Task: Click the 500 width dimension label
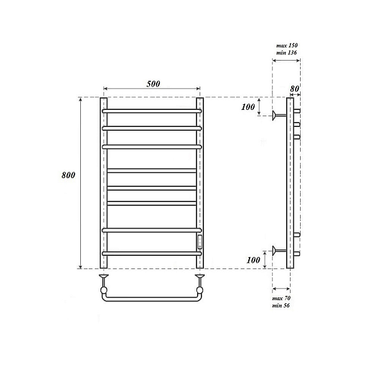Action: click(x=153, y=83)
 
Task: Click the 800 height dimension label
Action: click(x=68, y=175)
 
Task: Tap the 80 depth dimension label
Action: click(x=294, y=88)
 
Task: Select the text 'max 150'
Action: click(x=287, y=45)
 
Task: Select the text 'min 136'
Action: click(x=287, y=52)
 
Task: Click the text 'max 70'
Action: click(x=281, y=298)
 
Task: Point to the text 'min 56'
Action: click(x=280, y=305)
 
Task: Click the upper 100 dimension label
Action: click(x=248, y=107)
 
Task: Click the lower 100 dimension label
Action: click(x=253, y=260)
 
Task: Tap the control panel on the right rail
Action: click(x=200, y=242)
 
